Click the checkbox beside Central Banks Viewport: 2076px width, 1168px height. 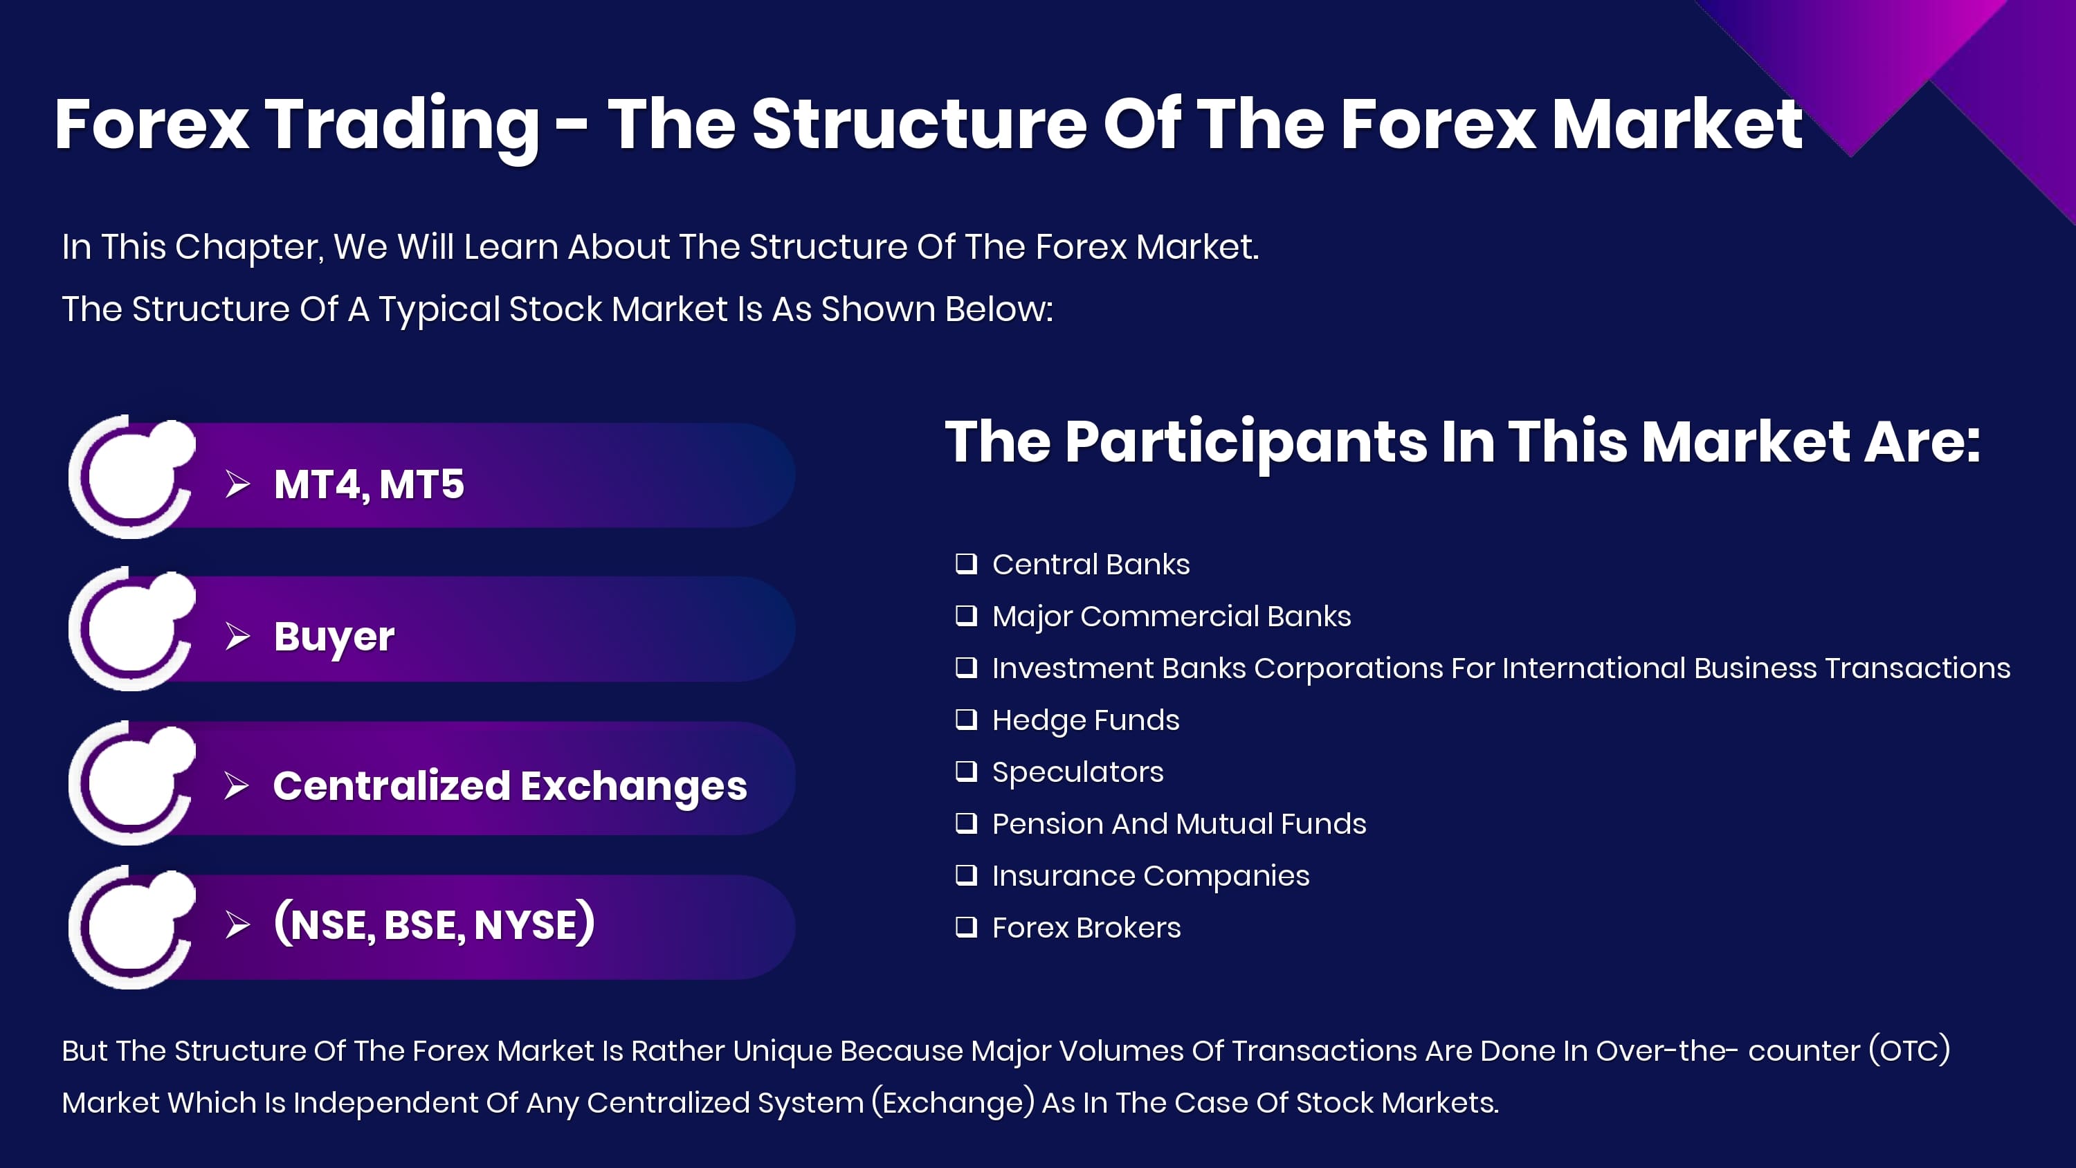(x=966, y=563)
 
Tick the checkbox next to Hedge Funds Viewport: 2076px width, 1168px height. (x=966, y=719)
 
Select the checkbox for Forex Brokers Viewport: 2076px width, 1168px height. (x=966, y=927)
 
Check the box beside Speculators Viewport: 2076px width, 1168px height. (x=966, y=772)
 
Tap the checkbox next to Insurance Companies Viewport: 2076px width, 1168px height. (x=966, y=875)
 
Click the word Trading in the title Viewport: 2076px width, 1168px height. (x=402, y=126)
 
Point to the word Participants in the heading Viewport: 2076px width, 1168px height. (x=1246, y=444)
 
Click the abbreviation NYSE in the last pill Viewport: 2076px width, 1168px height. (x=526, y=924)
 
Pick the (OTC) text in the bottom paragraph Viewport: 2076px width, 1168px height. (x=1909, y=1050)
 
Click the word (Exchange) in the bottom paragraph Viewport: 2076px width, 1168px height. (x=954, y=1102)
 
